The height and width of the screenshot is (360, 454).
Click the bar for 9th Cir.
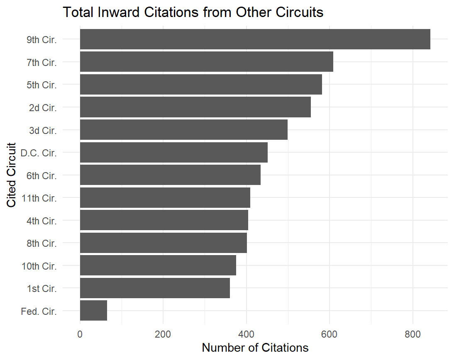pos(255,39)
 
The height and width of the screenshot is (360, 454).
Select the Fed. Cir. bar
pos(93,311)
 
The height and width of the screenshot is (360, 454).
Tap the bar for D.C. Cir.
pos(173,152)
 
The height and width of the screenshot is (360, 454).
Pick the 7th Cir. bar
pos(206,62)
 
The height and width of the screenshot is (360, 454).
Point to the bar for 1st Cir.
pos(155,288)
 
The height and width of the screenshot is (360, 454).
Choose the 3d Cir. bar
pos(183,130)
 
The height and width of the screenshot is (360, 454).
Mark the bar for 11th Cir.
pos(165,197)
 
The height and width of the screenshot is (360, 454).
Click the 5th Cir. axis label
pos(41,85)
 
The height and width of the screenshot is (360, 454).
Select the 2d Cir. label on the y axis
pos(43,107)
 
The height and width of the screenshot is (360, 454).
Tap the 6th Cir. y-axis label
pos(41,175)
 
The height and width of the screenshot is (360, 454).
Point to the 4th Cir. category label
pos(41,221)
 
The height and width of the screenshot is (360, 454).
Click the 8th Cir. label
pos(41,243)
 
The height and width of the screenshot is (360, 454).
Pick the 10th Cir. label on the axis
pos(39,266)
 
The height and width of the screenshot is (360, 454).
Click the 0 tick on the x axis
pos(80,333)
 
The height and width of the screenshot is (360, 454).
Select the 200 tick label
pos(163,333)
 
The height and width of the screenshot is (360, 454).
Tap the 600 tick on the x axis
pos(330,333)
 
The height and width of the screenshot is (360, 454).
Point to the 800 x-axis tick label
pos(413,333)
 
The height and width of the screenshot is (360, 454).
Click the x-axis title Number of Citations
pos(255,348)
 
